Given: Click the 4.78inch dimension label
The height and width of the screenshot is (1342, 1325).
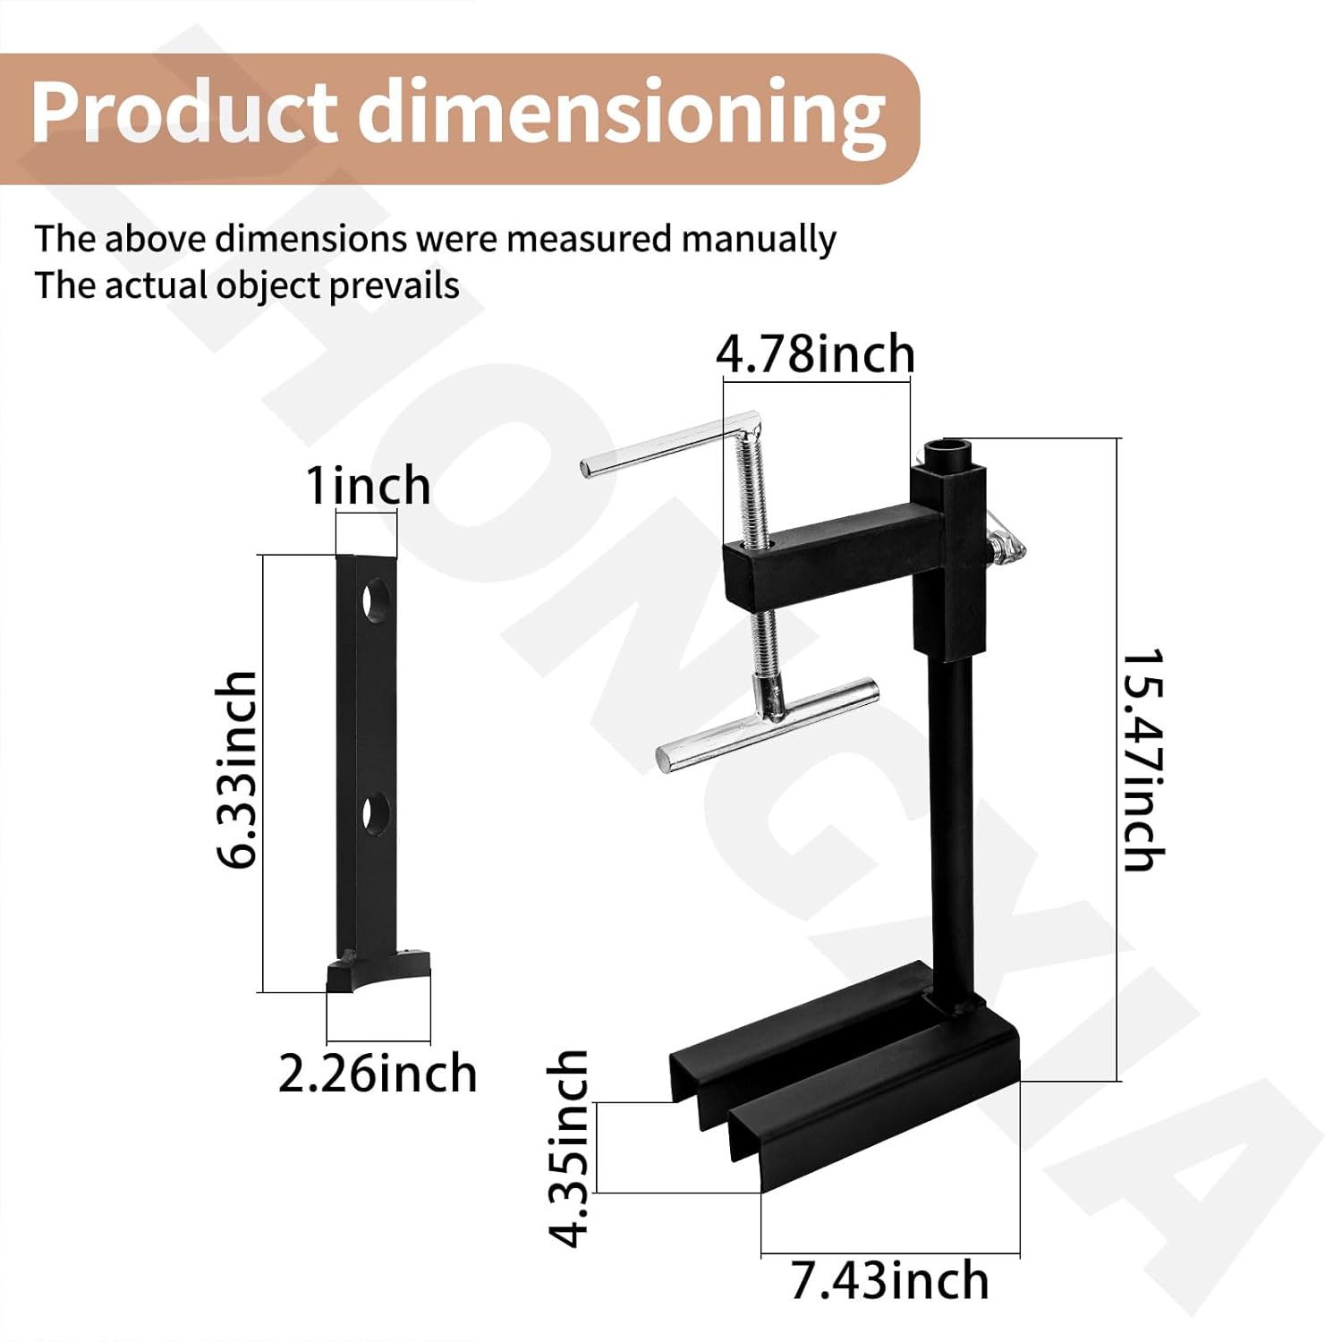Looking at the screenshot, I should (815, 354).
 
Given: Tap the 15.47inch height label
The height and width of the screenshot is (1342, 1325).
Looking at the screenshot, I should (1143, 760).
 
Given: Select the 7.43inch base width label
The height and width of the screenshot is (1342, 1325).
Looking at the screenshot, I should (889, 1281).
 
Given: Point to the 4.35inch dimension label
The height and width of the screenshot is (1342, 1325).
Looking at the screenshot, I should (569, 1148).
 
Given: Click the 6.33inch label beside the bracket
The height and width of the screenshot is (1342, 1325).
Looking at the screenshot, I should (237, 769).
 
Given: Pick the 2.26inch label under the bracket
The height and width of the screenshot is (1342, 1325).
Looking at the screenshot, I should (377, 1074).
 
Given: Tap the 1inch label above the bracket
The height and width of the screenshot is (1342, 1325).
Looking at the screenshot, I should (368, 486).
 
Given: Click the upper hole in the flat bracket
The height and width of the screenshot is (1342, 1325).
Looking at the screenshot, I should (376, 599).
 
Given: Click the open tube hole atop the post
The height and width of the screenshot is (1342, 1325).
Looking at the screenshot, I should (950, 447).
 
